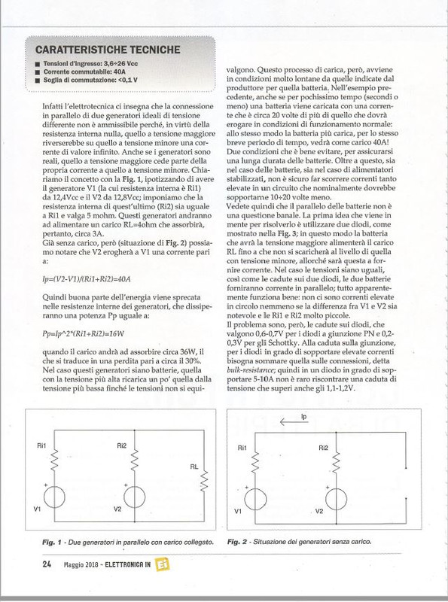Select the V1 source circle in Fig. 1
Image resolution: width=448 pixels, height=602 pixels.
point(54,497)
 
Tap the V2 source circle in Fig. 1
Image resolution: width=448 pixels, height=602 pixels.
point(133,497)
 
